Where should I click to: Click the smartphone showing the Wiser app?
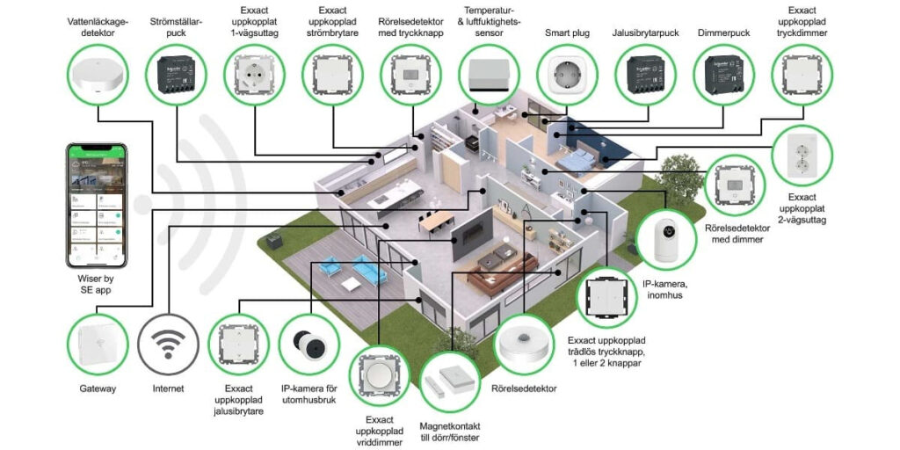97,205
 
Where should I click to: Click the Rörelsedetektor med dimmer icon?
737,184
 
